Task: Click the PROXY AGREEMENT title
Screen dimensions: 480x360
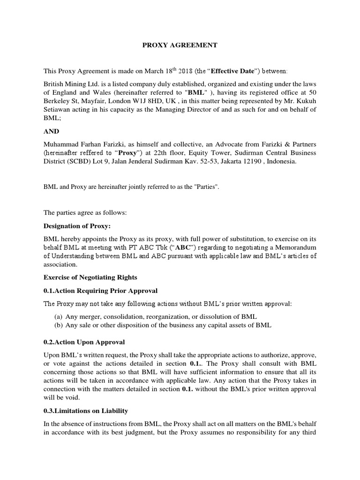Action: pyautogui.click(x=180, y=45)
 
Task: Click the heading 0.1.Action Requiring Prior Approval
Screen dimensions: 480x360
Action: pyautogui.click(x=101, y=291)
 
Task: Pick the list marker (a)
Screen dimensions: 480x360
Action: pyautogui.click(x=59, y=316)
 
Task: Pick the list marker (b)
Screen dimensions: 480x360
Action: pyautogui.click(x=59, y=325)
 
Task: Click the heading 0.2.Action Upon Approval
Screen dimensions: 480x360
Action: pyautogui.click(x=84, y=342)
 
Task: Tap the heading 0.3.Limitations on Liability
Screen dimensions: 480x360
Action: pyautogui.click(x=86, y=411)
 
